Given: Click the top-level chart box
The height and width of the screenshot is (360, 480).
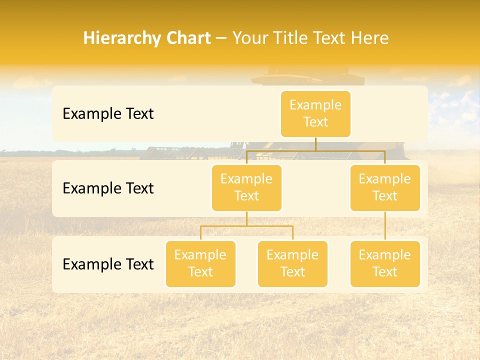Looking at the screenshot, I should [315, 114].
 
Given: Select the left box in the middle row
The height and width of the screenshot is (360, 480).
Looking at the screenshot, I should [246, 187].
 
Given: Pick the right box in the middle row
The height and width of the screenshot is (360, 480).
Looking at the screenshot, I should [385, 187].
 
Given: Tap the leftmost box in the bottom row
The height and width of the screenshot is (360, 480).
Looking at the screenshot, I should [200, 264].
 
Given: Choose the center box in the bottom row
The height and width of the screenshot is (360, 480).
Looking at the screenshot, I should [292, 264].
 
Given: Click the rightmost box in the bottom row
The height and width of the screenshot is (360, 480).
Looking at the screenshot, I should [385, 264].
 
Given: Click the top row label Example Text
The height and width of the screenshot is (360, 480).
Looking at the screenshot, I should [108, 114].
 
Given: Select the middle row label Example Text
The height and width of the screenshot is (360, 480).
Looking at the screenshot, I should [108, 188].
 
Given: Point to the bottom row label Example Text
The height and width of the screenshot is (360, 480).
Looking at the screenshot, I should [108, 264].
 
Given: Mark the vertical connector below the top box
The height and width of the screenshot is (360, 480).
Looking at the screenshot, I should [315, 144].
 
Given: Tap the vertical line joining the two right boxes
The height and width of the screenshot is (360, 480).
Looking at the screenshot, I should [385, 226].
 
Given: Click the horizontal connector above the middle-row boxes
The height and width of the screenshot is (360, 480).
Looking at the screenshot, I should [315, 150].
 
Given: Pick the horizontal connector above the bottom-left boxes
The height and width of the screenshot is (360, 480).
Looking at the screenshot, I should [246, 226].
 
